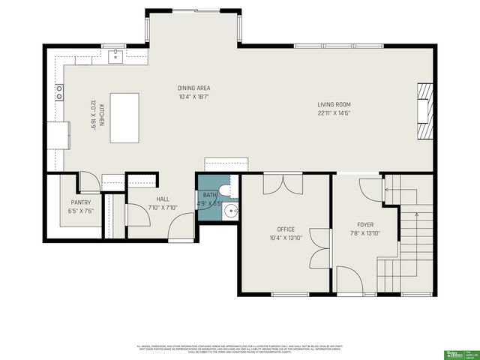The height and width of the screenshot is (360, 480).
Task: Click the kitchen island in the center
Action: pos(124,118)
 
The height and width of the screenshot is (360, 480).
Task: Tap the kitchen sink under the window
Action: pos(116,55)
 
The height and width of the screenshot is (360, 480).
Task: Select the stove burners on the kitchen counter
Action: pos(59,92)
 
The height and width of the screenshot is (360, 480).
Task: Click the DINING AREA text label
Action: pos(193,88)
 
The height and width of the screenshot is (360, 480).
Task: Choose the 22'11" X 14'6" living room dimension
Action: pos(334,113)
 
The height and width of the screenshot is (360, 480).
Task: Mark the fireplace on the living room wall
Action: pos(425,111)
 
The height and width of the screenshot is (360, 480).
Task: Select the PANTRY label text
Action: pos(80,202)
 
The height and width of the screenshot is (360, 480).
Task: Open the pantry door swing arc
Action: pos(88,182)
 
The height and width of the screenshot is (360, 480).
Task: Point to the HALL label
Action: pos(163,199)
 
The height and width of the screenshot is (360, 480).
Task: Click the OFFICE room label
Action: pos(285,229)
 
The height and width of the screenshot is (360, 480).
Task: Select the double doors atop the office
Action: pos(283,184)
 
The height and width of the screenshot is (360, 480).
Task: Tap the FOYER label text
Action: pos(364,224)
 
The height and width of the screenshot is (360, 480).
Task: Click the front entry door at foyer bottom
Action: pos(349,281)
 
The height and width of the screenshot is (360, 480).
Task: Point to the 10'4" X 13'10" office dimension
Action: pos(285,238)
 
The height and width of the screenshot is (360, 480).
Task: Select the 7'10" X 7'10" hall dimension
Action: pos(163,208)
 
